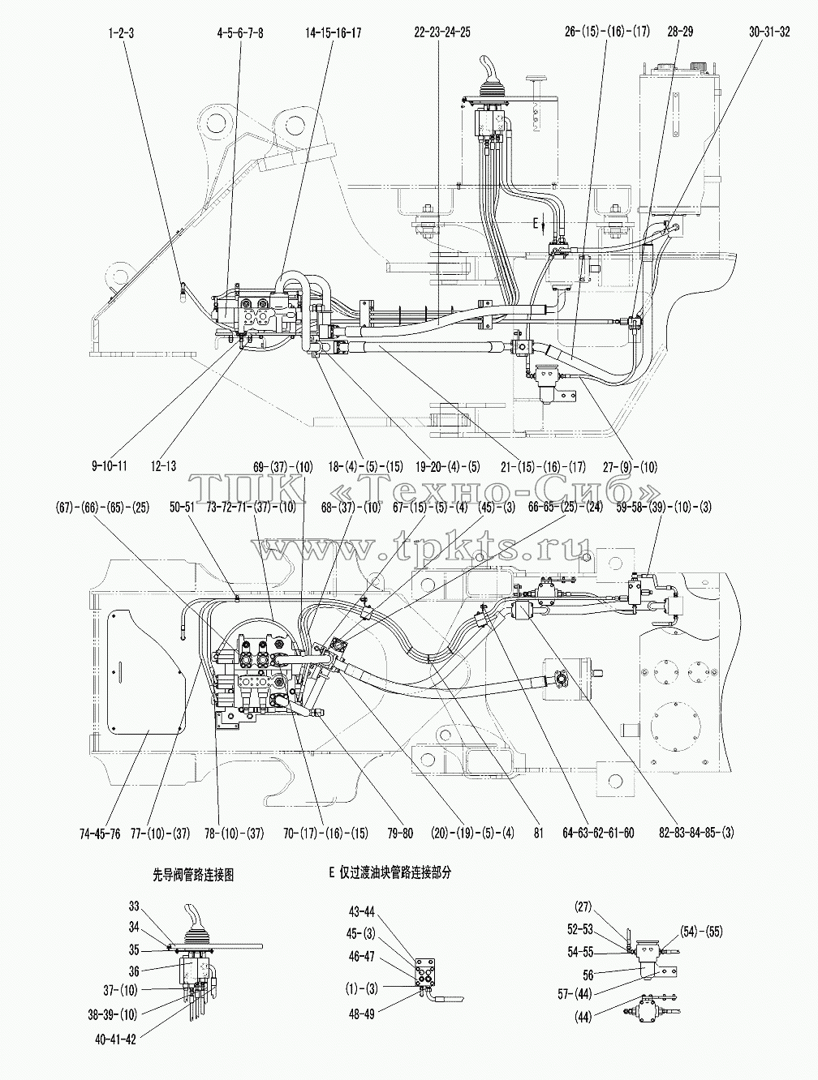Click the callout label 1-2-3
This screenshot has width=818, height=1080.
pyautogui.click(x=121, y=33)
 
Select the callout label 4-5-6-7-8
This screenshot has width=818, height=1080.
pyautogui.click(x=240, y=33)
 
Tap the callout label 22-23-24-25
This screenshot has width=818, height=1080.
pyautogui.click(x=442, y=32)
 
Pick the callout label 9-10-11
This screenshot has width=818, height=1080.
pyautogui.click(x=110, y=466)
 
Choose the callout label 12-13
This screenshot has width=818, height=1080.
pyautogui.click(x=163, y=466)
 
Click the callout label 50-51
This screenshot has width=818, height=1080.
pyautogui.click(x=183, y=508)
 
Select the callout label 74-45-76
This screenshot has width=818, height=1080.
pyautogui.click(x=100, y=834)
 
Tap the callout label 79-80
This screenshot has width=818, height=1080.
pyautogui.click(x=400, y=834)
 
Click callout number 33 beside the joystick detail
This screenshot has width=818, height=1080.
pyautogui.click(x=134, y=906)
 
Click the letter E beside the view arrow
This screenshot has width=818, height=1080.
pyautogui.click(x=536, y=224)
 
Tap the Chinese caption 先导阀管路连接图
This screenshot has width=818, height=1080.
pyautogui.click(x=192, y=874)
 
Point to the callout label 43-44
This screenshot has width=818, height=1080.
pyautogui.click(x=362, y=911)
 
